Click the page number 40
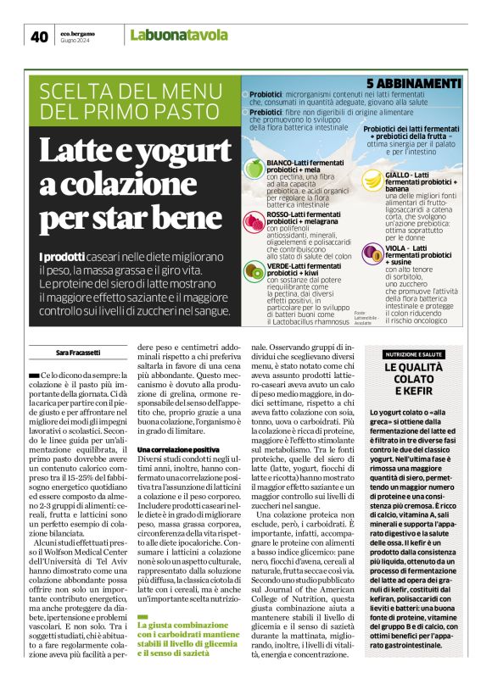click(x=39, y=36)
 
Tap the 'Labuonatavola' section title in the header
click(x=180, y=36)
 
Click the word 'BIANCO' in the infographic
click(x=280, y=161)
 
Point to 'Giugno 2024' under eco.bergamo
click(x=74, y=41)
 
